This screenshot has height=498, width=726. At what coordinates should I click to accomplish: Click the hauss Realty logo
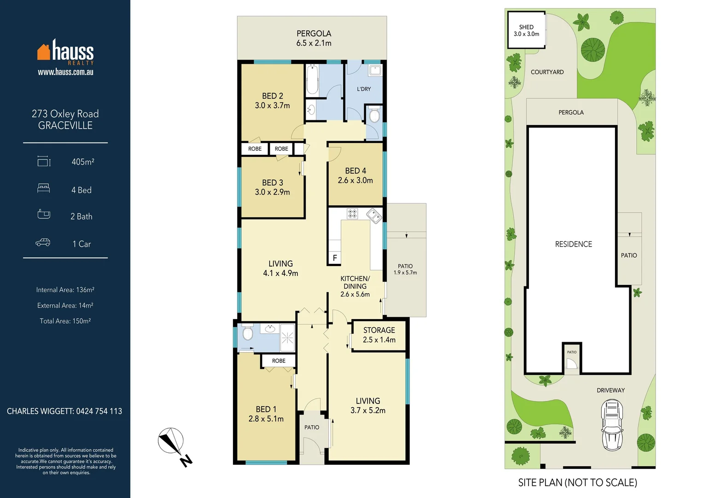tap(65, 52)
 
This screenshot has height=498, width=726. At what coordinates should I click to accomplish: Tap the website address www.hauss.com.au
tap(65, 72)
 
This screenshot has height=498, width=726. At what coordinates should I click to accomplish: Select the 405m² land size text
tap(83, 162)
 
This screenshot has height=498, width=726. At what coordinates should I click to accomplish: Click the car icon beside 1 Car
tap(43, 243)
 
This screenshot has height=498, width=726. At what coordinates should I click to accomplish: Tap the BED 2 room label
tap(272, 101)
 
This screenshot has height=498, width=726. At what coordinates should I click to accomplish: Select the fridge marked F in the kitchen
tap(335, 258)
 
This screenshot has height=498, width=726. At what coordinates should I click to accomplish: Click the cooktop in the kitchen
tap(352, 213)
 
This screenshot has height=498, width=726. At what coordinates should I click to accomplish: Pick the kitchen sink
tap(374, 215)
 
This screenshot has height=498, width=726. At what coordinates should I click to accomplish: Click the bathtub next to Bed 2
tap(312, 80)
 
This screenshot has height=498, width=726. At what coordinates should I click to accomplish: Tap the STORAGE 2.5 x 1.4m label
tap(379, 335)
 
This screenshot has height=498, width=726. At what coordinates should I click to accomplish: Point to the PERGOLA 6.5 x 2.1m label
tap(314, 38)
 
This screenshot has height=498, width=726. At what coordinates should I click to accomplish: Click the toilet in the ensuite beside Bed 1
tap(248, 333)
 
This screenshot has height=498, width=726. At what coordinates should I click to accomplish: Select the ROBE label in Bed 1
tap(279, 361)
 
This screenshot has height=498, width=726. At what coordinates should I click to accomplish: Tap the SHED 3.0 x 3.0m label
tap(526, 30)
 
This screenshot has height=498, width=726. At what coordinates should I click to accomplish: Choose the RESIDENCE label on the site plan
tap(573, 244)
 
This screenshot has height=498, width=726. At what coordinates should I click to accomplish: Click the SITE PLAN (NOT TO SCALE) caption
tap(577, 483)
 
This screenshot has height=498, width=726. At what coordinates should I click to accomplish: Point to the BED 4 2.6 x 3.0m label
tap(355, 176)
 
